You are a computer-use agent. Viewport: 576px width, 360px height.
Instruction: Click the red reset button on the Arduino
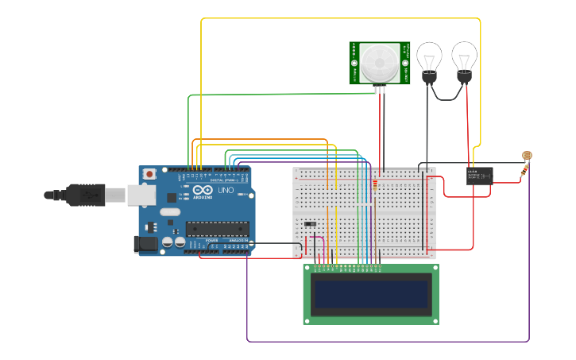149,175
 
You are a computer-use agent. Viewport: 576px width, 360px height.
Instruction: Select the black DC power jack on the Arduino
145,244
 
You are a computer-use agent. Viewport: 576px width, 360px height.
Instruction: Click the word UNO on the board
225,191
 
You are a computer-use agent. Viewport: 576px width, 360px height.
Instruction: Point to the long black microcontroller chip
217,229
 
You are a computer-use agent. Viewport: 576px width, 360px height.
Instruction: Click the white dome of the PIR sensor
378,62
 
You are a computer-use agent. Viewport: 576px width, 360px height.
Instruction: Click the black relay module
480,176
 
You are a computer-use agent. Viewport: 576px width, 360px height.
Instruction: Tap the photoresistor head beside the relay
526,157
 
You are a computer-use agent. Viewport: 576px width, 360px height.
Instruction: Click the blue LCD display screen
371,294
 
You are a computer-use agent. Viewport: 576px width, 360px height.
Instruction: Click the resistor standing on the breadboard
374,188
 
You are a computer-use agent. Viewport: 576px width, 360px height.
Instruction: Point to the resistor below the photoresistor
524,171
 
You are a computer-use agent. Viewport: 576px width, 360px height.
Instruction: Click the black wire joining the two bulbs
446,98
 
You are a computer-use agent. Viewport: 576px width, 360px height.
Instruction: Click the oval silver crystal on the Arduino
170,212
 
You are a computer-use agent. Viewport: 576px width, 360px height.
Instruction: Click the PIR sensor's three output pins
380,88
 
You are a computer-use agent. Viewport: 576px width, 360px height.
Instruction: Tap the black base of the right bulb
464,77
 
